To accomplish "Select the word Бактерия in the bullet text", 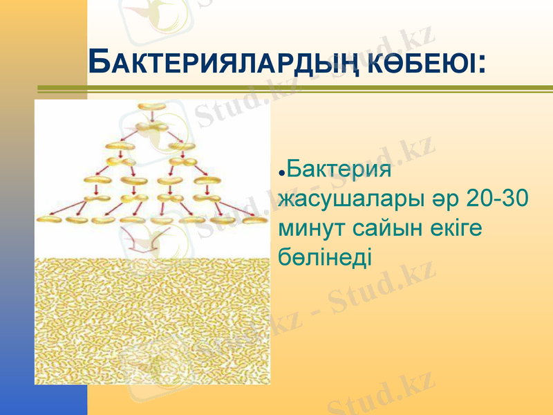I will click(x=339, y=169).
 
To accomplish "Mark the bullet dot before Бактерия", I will click(x=281, y=171).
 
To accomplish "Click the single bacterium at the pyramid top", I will click(x=151, y=107).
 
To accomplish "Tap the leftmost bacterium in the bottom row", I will click(x=50, y=219).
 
